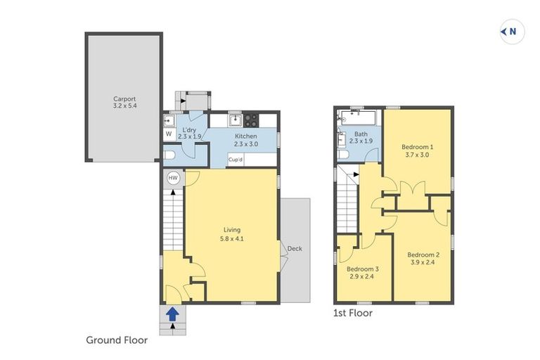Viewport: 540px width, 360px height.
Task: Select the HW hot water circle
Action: [x=173, y=179]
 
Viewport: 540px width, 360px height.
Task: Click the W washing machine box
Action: [x=169, y=134]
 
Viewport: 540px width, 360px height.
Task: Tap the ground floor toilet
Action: [x=169, y=155]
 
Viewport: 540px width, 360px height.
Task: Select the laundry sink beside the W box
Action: [x=169, y=120]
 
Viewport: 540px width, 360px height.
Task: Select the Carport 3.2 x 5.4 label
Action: [x=124, y=103]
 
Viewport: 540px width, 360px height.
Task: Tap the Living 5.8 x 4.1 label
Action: [x=232, y=234]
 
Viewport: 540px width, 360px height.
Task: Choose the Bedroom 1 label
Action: [x=417, y=150]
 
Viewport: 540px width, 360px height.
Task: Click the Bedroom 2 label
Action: [x=423, y=258]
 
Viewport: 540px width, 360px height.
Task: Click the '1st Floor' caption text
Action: [x=352, y=313]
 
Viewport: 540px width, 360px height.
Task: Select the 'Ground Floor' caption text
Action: [x=117, y=340]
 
